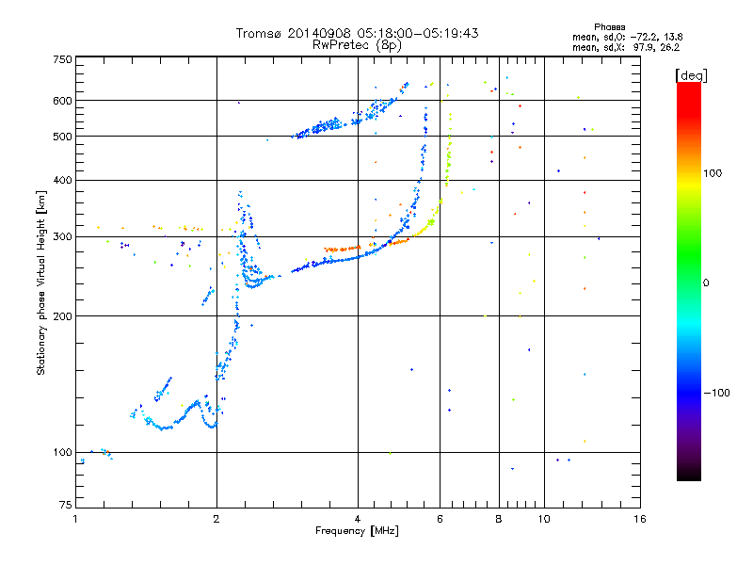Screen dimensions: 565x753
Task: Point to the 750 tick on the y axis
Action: click(62, 58)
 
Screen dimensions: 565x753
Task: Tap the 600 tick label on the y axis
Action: click(62, 101)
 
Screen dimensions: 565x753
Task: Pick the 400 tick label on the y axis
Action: click(62, 180)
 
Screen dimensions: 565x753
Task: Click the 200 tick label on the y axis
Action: click(62, 315)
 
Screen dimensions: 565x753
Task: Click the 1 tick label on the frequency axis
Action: click(75, 519)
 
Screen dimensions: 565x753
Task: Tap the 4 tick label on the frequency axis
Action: click(358, 519)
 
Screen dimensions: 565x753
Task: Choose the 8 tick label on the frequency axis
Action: click(499, 519)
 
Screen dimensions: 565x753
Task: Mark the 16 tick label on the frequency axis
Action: click(640, 519)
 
